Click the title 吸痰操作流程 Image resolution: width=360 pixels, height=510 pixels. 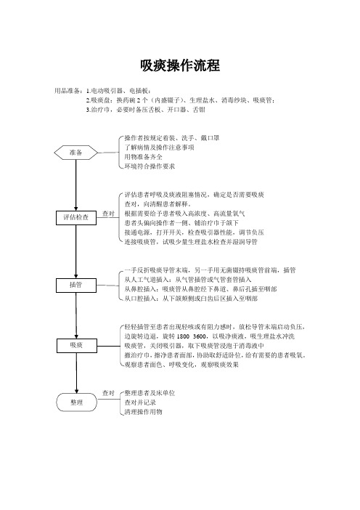point(180,65)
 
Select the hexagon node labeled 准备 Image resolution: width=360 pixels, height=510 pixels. point(75,153)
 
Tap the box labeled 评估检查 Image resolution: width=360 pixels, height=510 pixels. point(76,218)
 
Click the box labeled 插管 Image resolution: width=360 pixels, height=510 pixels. point(76,286)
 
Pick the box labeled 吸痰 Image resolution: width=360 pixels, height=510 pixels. point(77,345)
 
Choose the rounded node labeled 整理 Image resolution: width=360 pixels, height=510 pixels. point(77,402)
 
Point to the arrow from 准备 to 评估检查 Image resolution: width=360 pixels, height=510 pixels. point(76,185)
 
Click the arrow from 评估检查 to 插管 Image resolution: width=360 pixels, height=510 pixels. point(76,251)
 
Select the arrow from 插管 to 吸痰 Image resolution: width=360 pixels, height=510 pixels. point(76,315)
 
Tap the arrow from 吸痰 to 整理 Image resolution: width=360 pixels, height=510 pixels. point(77,373)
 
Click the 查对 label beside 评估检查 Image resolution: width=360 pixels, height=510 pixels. point(109,214)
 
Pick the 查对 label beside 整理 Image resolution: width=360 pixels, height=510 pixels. point(109,393)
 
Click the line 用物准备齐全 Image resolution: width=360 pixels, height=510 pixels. point(143,157)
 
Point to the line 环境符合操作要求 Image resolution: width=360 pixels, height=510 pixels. point(150,166)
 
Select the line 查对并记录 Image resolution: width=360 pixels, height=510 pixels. point(140,402)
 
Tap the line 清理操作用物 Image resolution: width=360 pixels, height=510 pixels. point(143,412)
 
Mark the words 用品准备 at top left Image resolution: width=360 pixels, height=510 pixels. point(67,91)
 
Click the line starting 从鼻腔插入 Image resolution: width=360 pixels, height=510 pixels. point(200,289)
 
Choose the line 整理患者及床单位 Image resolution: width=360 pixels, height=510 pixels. point(150,393)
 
